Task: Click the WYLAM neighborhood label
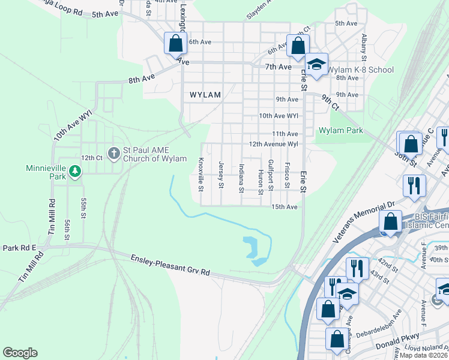[x=205, y=95]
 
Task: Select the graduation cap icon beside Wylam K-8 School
[x=316, y=64]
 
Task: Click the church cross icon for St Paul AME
[x=113, y=153]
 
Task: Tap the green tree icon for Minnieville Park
[x=75, y=172]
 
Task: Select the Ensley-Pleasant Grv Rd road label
[x=170, y=265]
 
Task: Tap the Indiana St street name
[x=241, y=178]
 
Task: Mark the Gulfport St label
[x=271, y=175]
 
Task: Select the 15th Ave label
[x=285, y=207]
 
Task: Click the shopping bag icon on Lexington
[x=175, y=43]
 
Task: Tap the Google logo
[x=20, y=353]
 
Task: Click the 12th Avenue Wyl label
[x=274, y=145]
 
